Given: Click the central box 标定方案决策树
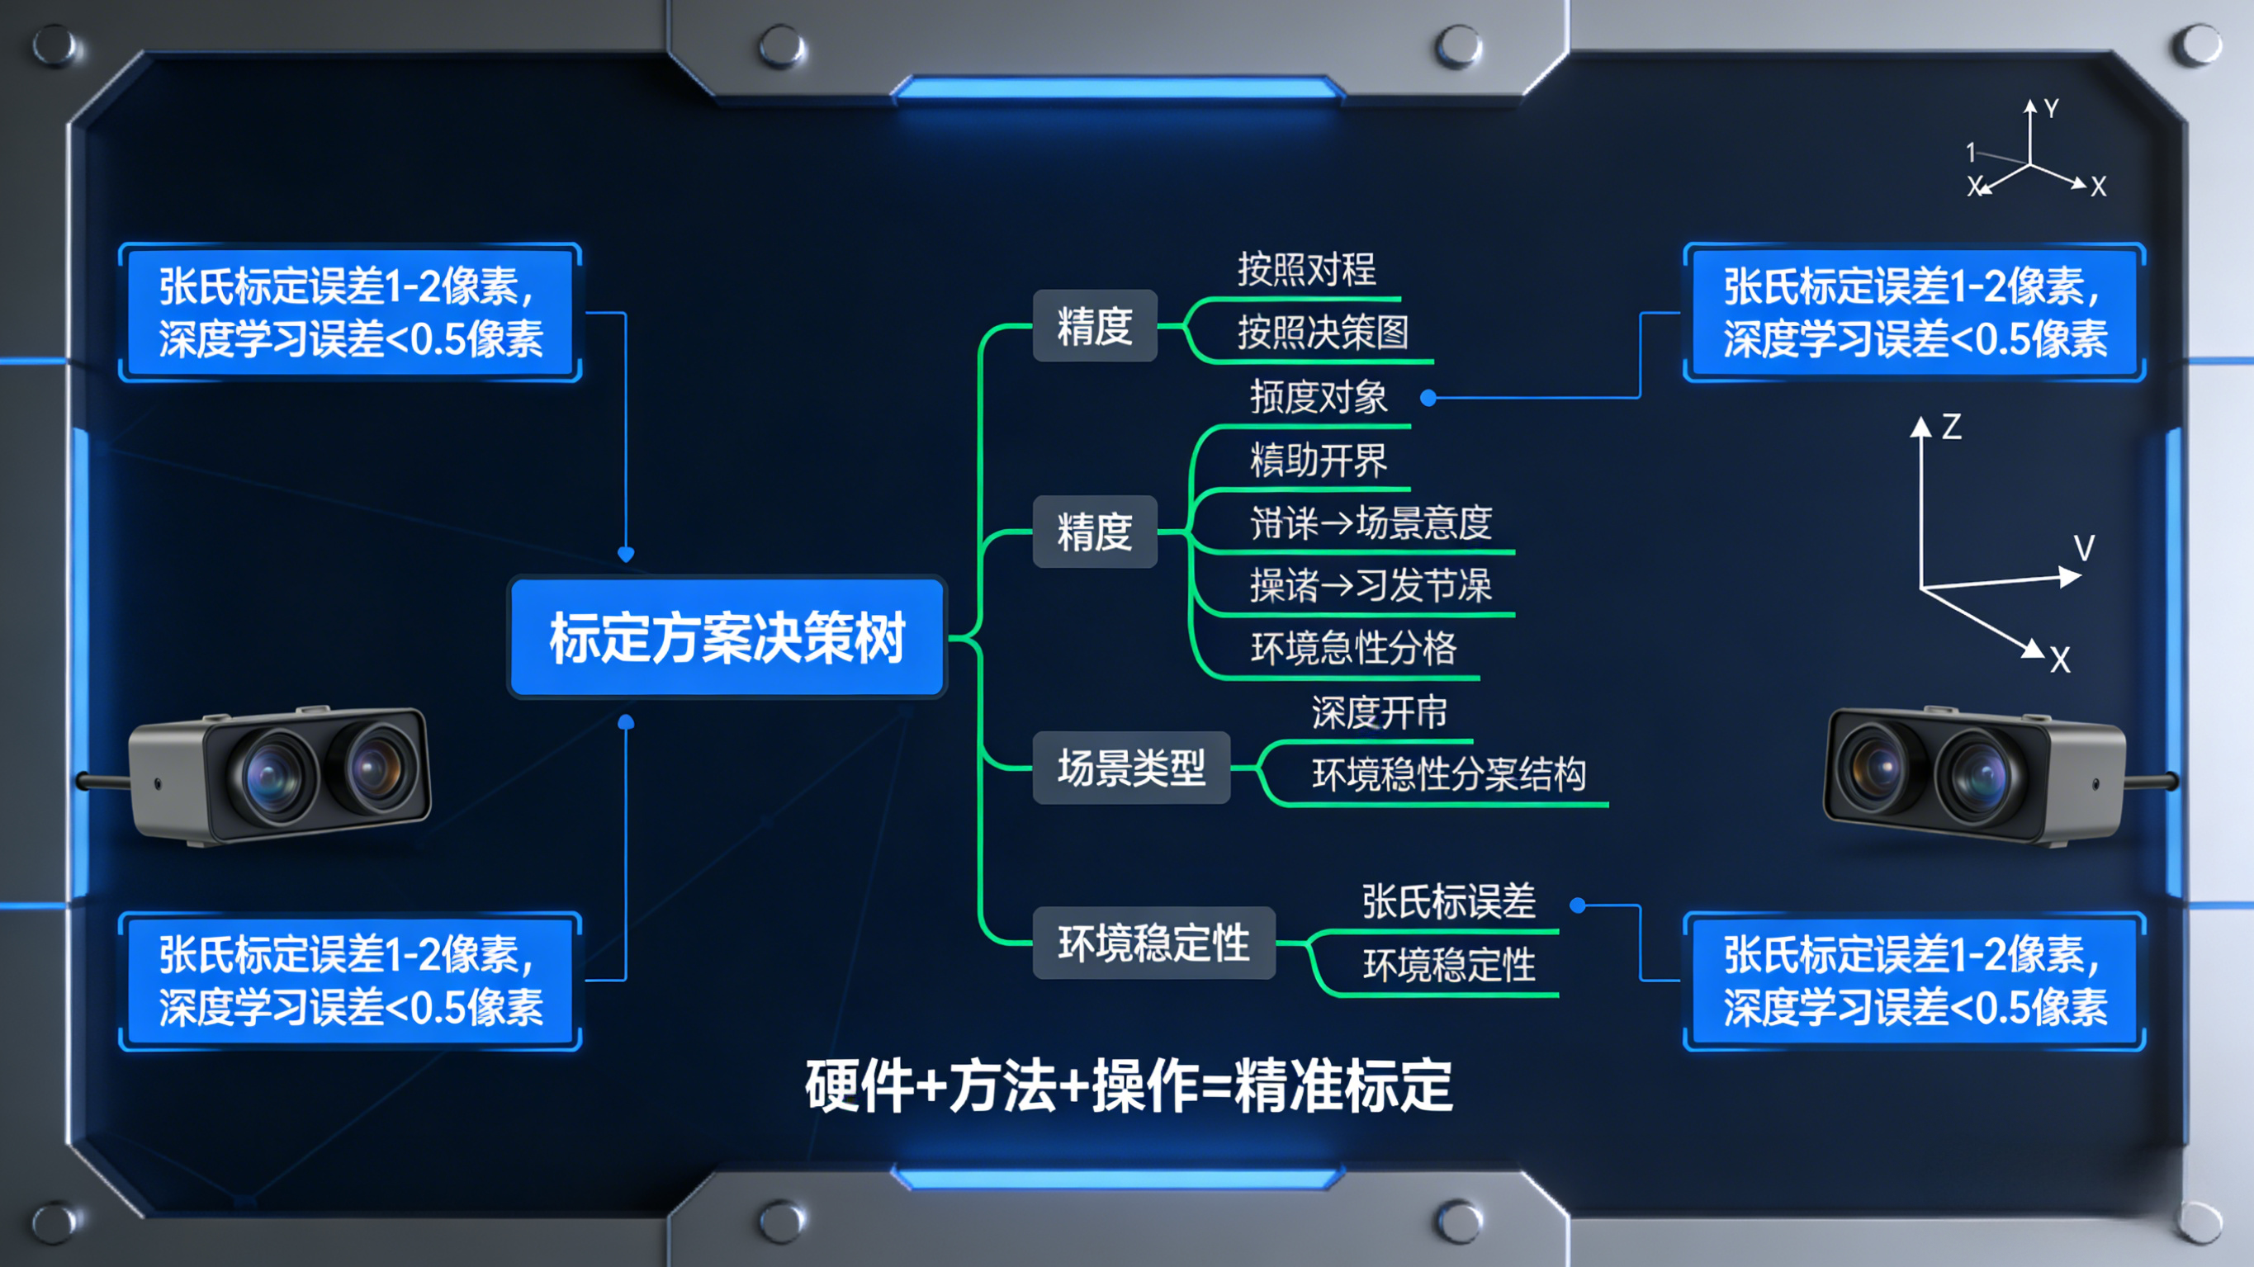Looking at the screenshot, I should tap(727, 637).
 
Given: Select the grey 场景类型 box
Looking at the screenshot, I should tap(1130, 768).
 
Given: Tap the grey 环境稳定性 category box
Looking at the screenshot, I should tap(1153, 943).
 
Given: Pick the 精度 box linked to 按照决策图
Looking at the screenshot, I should tap(1095, 325).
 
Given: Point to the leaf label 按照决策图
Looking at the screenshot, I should tap(1322, 333).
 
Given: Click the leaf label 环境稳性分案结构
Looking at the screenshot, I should tap(1448, 774).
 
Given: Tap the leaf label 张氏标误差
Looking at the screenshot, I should tap(1448, 901).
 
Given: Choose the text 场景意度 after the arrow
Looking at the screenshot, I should tap(1423, 522).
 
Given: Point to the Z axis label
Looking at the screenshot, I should tap(1951, 427).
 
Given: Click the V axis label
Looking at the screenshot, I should tap(2084, 549).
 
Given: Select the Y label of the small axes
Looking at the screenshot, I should tap(2051, 108).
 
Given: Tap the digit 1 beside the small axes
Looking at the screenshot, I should tap(1971, 152).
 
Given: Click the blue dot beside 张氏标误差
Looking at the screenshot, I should tap(1578, 905).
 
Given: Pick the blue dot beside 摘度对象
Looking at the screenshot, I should tap(1428, 398).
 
